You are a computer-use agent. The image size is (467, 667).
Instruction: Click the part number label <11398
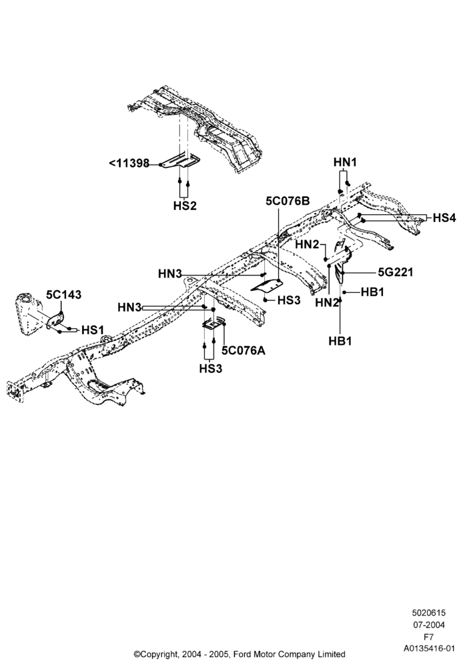[x=129, y=163]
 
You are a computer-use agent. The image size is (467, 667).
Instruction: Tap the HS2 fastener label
[x=185, y=206]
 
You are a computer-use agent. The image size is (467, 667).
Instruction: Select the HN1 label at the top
[x=345, y=162]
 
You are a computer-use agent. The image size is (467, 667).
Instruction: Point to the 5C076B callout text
[x=288, y=201]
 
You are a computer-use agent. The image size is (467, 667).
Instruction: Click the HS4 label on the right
[x=444, y=218]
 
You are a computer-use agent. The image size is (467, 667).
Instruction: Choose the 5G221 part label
[x=396, y=272]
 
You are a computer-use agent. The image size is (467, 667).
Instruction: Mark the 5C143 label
[x=64, y=295]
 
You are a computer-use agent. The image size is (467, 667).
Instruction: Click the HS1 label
[x=92, y=330]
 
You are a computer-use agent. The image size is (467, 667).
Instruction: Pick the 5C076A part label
[x=244, y=351]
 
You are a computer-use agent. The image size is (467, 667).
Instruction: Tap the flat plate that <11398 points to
[x=181, y=161]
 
